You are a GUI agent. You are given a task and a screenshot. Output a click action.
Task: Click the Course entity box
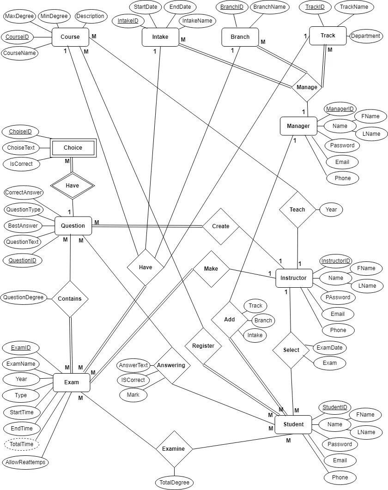(x=70, y=37)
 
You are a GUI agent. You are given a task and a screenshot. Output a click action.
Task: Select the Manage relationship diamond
(x=307, y=87)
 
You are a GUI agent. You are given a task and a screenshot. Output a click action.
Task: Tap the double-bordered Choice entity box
(x=73, y=148)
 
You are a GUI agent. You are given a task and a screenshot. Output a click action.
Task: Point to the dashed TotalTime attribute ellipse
(x=22, y=444)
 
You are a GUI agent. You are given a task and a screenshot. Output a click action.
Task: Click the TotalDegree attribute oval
(x=174, y=483)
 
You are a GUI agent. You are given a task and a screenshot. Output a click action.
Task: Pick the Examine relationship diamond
(x=174, y=449)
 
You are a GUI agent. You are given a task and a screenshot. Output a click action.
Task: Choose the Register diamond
(x=203, y=346)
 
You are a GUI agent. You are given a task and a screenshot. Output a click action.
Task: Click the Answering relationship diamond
(x=171, y=365)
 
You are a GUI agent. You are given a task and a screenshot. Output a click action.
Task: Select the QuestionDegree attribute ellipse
(x=23, y=297)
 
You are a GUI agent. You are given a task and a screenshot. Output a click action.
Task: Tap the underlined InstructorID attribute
(x=336, y=261)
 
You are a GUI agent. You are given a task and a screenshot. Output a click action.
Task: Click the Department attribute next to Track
(x=366, y=36)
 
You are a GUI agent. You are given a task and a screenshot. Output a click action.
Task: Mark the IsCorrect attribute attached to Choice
(x=21, y=163)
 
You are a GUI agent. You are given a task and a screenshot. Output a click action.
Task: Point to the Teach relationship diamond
(x=297, y=210)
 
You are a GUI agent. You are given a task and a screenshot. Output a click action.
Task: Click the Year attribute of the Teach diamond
(x=331, y=209)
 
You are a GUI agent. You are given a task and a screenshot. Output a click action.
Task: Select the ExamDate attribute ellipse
(x=330, y=347)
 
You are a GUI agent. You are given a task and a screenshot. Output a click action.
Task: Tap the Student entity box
(x=293, y=424)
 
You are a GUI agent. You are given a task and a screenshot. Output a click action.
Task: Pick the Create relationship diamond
(x=221, y=226)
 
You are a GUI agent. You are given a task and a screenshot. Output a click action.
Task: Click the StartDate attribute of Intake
(x=145, y=7)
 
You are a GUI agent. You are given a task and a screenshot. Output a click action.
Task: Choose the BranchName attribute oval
(x=270, y=7)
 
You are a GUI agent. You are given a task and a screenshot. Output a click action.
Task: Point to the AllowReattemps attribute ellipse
(x=26, y=462)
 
